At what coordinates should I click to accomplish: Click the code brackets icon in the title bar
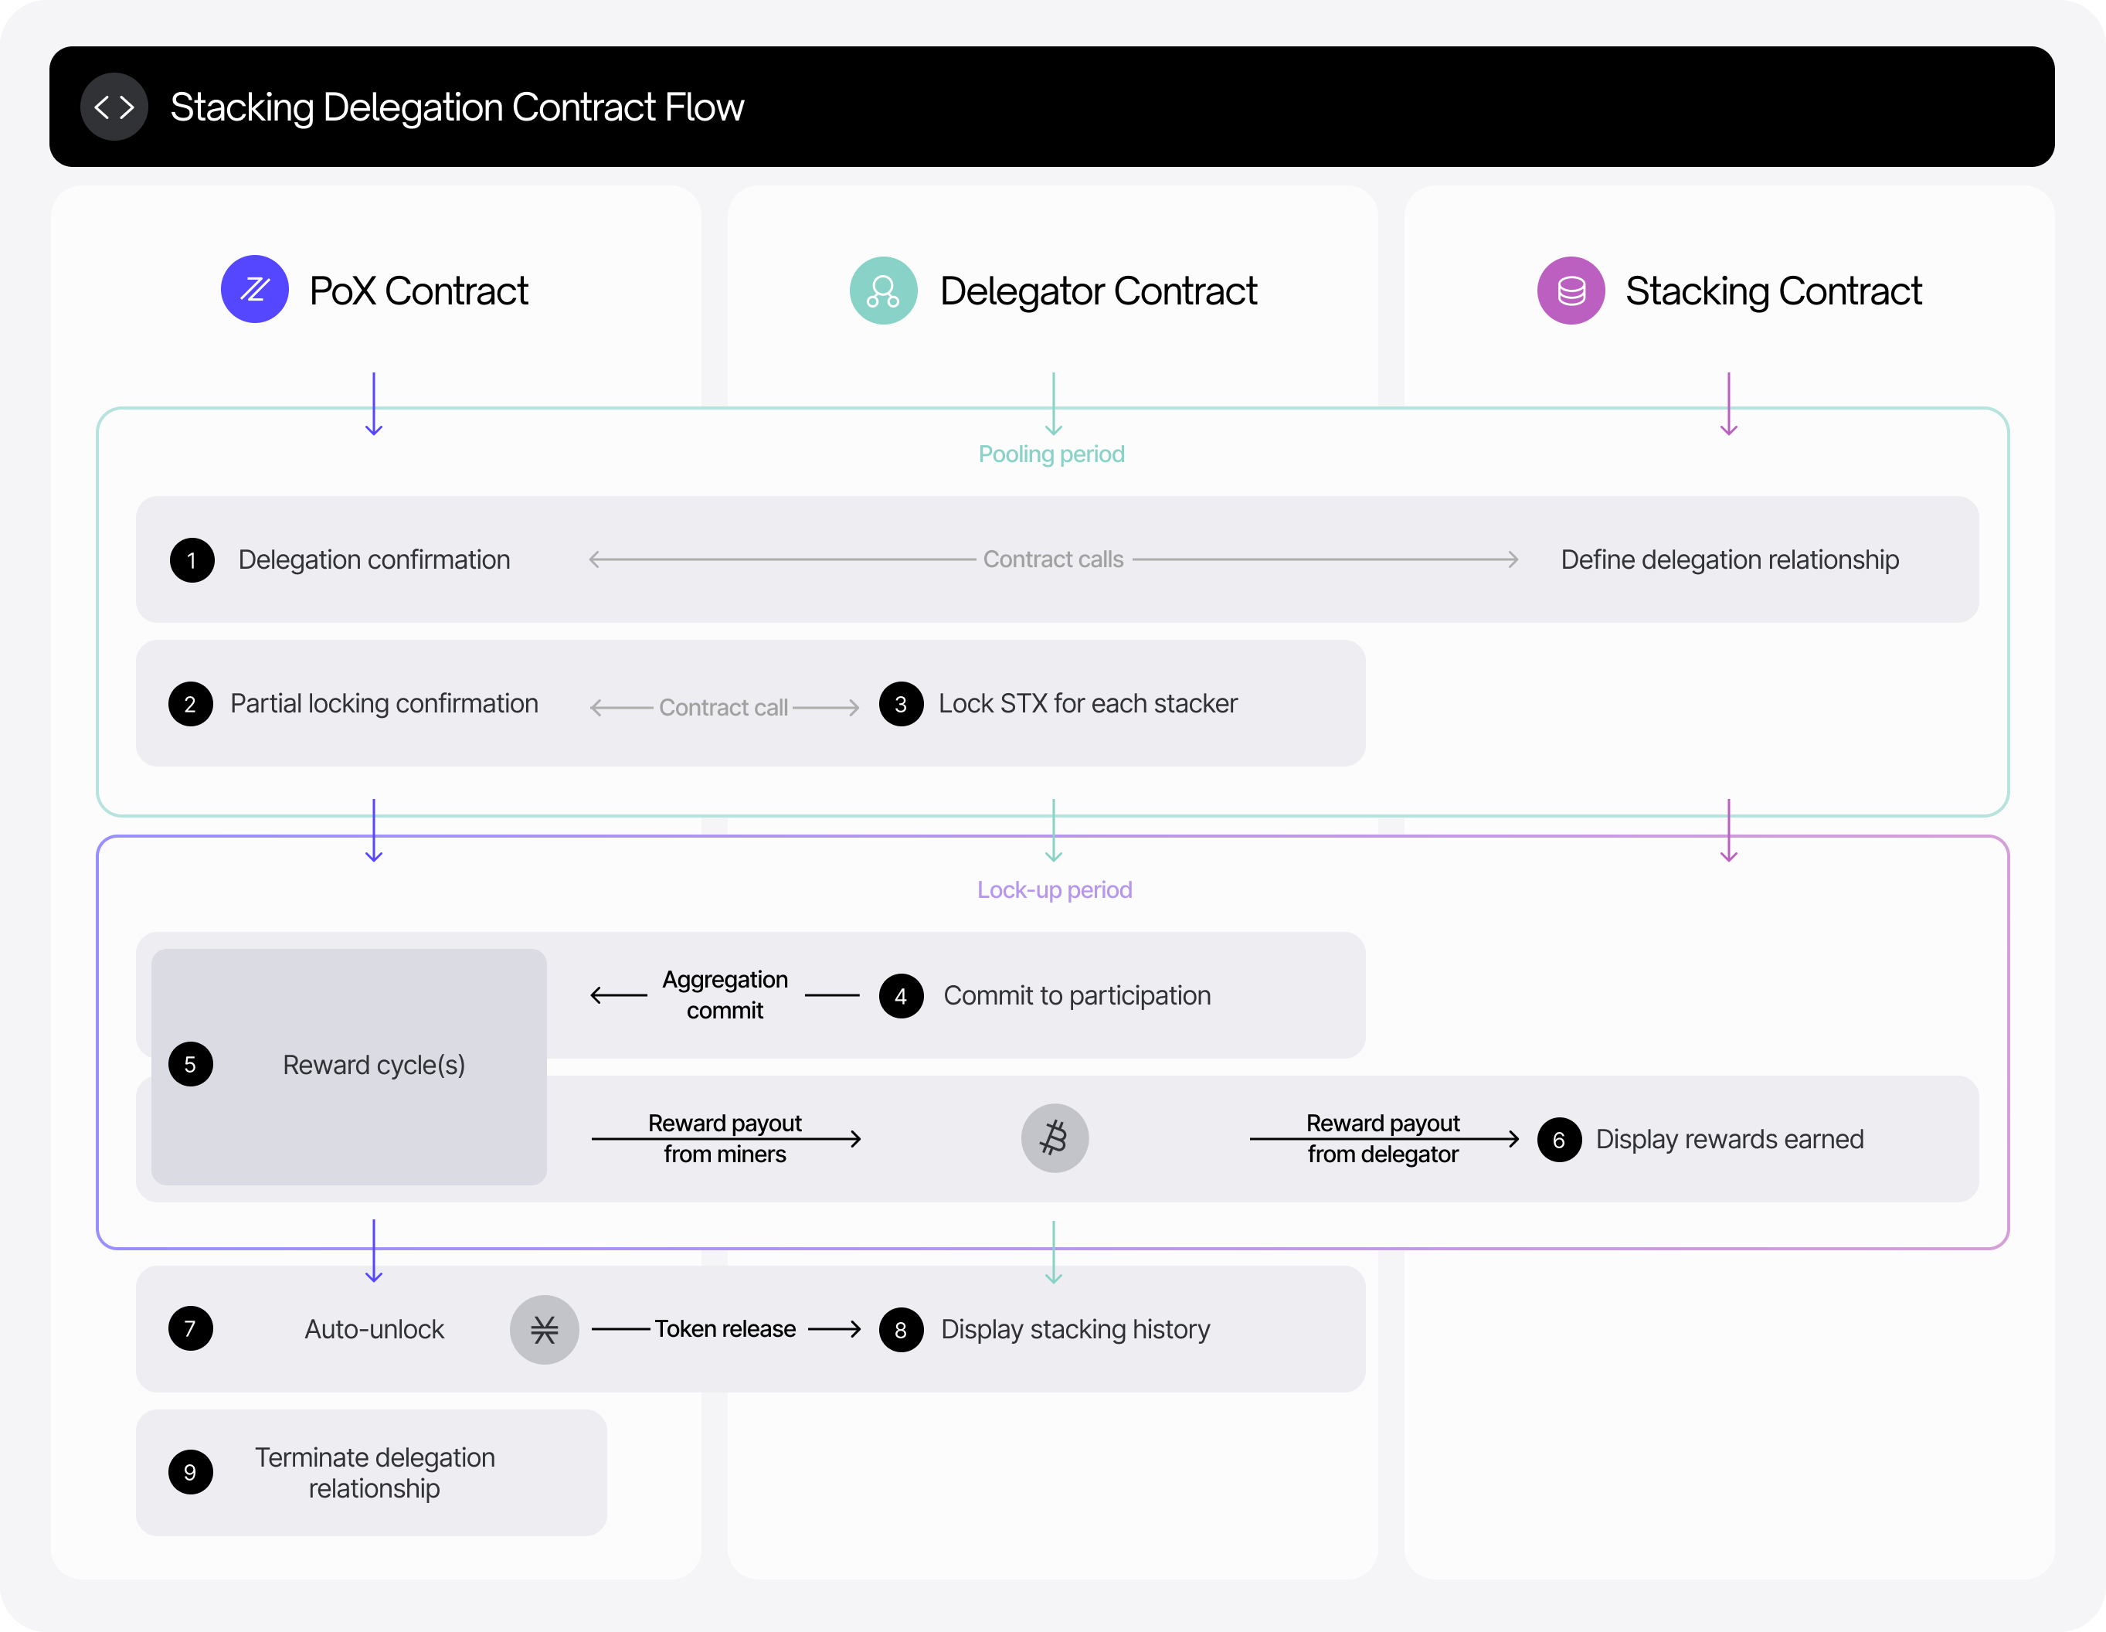114,107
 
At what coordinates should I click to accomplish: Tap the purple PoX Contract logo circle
255,289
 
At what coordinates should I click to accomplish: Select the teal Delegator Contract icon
882,291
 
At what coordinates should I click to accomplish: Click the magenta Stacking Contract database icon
1570,291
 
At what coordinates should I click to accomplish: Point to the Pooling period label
1051,454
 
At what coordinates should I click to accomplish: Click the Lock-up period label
1054,889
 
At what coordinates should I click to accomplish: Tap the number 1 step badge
192,560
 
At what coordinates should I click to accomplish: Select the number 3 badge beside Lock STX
901,704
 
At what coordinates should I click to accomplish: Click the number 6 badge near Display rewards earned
1558,1140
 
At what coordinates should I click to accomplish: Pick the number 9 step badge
190,1473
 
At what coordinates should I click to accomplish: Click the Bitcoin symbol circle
1054,1138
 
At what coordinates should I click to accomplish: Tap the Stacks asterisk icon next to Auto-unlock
544,1329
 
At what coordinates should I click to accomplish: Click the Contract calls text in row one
1053,559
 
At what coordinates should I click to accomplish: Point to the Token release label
725,1329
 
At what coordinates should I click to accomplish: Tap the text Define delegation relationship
1729,559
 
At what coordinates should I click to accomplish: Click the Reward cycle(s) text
374,1065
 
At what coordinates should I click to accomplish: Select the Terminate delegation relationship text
374,1473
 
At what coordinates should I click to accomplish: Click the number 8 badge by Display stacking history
901,1330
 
